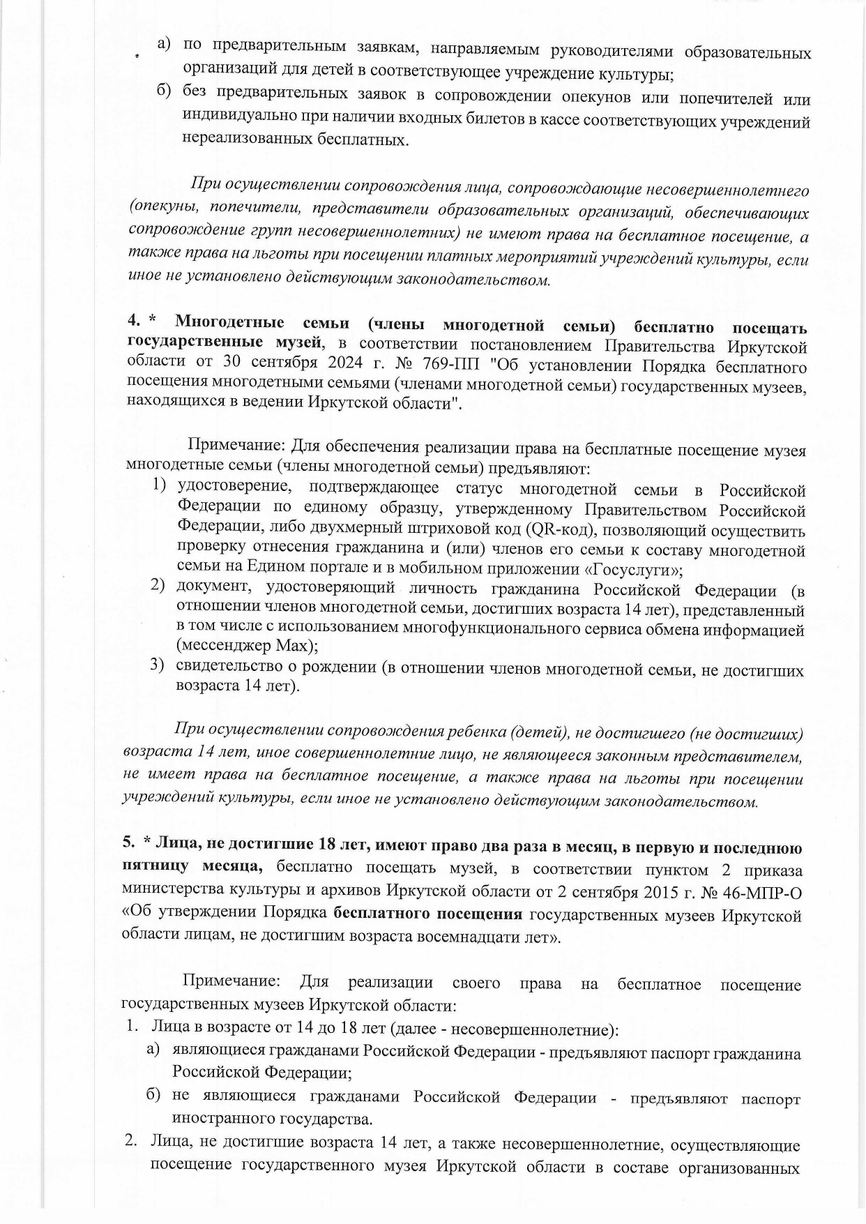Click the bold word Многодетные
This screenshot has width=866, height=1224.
pyautogui.click(x=229, y=324)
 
